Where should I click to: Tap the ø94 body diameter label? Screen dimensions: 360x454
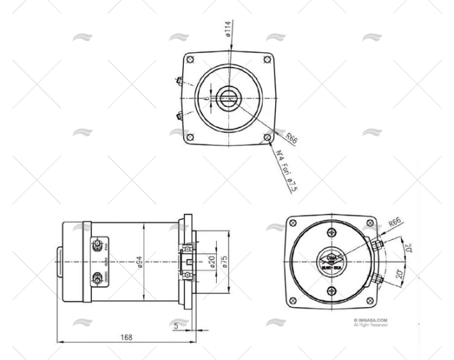tap(139, 263)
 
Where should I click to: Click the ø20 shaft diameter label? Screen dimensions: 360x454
tap(212, 263)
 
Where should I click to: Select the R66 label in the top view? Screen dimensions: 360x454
tap(291, 138)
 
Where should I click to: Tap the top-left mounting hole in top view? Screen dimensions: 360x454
tap(191, 60)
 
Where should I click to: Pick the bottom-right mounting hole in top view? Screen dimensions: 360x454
tap(267, 137)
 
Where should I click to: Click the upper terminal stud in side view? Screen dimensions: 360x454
tap(98, 245)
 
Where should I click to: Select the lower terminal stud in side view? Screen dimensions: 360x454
tap(98, 279)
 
